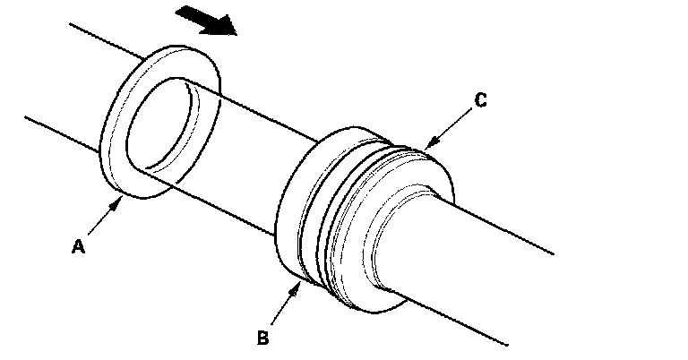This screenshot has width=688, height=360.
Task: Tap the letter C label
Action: tap(480, 100)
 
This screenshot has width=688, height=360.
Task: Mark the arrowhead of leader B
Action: tap(297, 286)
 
